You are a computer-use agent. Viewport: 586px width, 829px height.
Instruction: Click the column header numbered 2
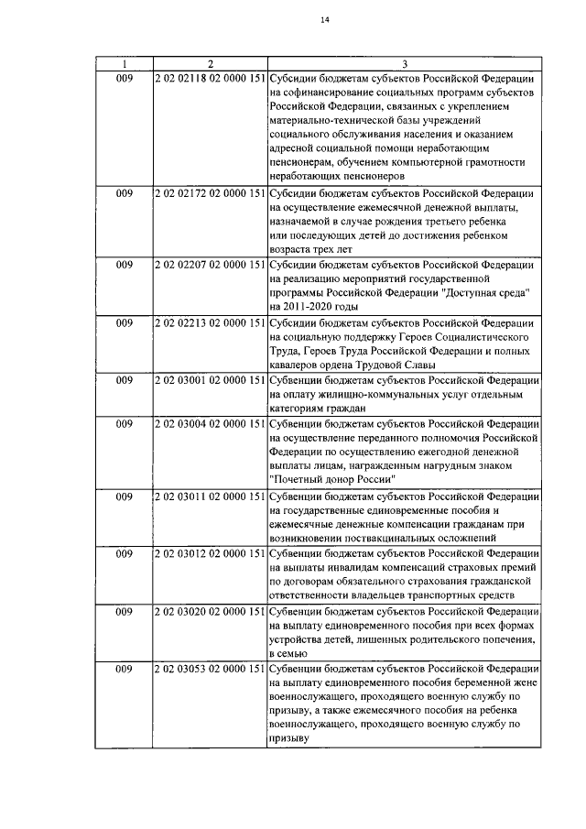(x=210, y=64)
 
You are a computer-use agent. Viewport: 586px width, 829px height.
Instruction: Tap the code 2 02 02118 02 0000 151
(x=210, y=78)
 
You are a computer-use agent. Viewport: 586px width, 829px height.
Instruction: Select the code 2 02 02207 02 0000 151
(x=210, y=265)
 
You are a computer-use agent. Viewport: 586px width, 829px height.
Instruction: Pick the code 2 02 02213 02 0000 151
(x=210, y=322)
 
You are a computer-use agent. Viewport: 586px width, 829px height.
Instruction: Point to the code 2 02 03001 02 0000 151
(x=210, y=380)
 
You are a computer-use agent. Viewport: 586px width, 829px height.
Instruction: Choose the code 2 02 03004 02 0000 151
(x=210, y=424)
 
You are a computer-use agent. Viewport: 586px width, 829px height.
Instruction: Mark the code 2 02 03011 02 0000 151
(x=210, y=496)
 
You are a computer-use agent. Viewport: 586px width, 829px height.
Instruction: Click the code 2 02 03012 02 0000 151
(x=210, y=553)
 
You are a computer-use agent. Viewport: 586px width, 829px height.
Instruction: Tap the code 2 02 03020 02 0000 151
(x=210, y=611)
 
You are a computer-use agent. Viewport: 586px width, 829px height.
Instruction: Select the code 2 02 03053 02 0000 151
(x=210, y=669)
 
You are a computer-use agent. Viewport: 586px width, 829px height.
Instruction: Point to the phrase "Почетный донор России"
(x=333, y=480)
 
